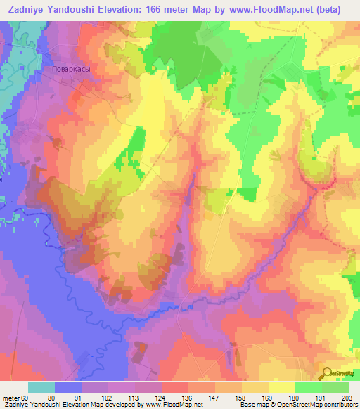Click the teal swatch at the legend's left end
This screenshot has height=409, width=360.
click(x=41, y=387)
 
